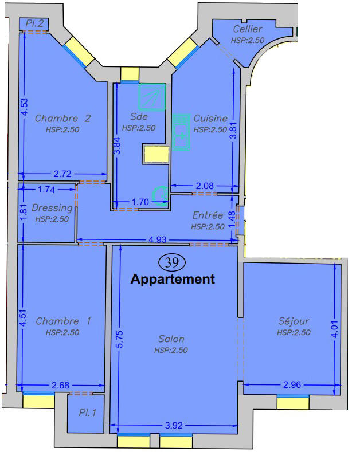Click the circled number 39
(x=171, y=262)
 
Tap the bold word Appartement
(x=173, y=280)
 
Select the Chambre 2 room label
(x=62, y=119)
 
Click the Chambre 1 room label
(x=63, y=321)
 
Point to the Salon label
(x=171, y=339)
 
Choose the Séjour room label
(x=293, y=321)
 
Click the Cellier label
(x=248, y=29)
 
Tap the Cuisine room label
(x=210, y=119)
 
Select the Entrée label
(x=208, y=215)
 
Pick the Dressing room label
(x=52, y=208)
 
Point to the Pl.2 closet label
(x=35, y=23)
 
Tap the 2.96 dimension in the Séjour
(x=292, y=384)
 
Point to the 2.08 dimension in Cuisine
(x=205, y=185)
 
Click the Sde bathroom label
(x=139, y=117)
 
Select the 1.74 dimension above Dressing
(x=46, y=189)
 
